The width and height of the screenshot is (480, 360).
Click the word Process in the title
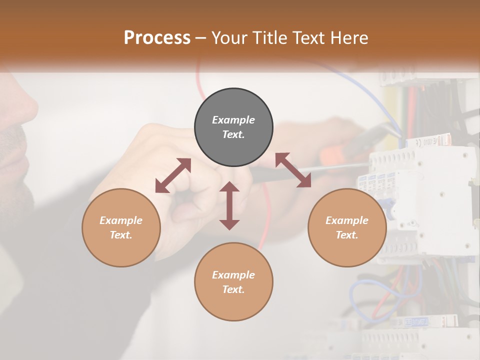click(x=157, y=38)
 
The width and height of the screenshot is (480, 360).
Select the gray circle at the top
click(x=233, y=127)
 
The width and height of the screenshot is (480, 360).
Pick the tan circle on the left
click(x=121, y=227)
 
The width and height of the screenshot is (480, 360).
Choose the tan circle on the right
click(x=347, y=227)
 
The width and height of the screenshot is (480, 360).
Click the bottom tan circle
click(x=233, y=282)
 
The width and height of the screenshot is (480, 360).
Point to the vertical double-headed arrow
click(x=229, y=205)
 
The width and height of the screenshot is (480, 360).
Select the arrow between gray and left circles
click(x=173, y=175)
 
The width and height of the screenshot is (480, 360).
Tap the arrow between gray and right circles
click(x=293, y=170)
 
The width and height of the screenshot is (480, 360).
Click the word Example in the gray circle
click(x=233, y=120)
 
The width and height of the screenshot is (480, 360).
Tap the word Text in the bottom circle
click(x=233, y=289)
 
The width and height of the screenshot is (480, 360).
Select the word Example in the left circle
click(x=121, y=220)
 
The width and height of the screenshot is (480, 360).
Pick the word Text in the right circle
click(x=347, y=235)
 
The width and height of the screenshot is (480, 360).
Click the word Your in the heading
click(x=228, y=38)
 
